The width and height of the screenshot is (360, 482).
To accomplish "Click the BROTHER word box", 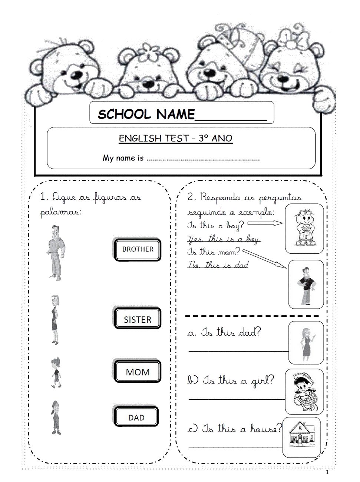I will (138, 250).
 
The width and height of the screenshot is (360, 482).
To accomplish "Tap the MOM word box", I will (138, 372).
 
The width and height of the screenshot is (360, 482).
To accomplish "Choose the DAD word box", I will (136, 418).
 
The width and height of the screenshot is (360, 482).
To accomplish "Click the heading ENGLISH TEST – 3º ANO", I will (175, 139).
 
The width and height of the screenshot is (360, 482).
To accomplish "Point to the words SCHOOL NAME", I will (146, 114).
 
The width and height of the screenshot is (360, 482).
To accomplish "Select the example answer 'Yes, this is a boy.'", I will (224, 239).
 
